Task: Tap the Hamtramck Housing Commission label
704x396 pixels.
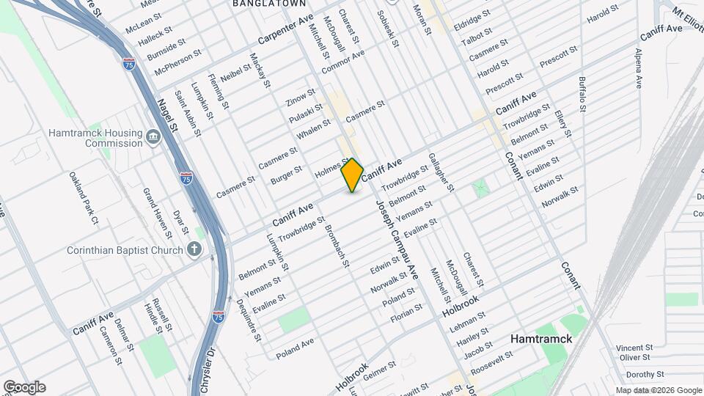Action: [x=95, y=138]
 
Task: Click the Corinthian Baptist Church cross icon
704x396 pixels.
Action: [x=194, y=250]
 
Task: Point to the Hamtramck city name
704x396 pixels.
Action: [x=541, y=340]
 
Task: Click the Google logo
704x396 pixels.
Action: [x=24, y=387]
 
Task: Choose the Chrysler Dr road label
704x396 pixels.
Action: [x=205, y=370]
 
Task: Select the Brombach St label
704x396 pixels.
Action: [x=339, y=246]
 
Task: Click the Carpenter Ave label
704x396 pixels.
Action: [x=286, y=30]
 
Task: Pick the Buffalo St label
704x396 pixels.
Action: [x=582, y=93]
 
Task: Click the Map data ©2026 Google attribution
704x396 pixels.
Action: [x=658, y=390]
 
